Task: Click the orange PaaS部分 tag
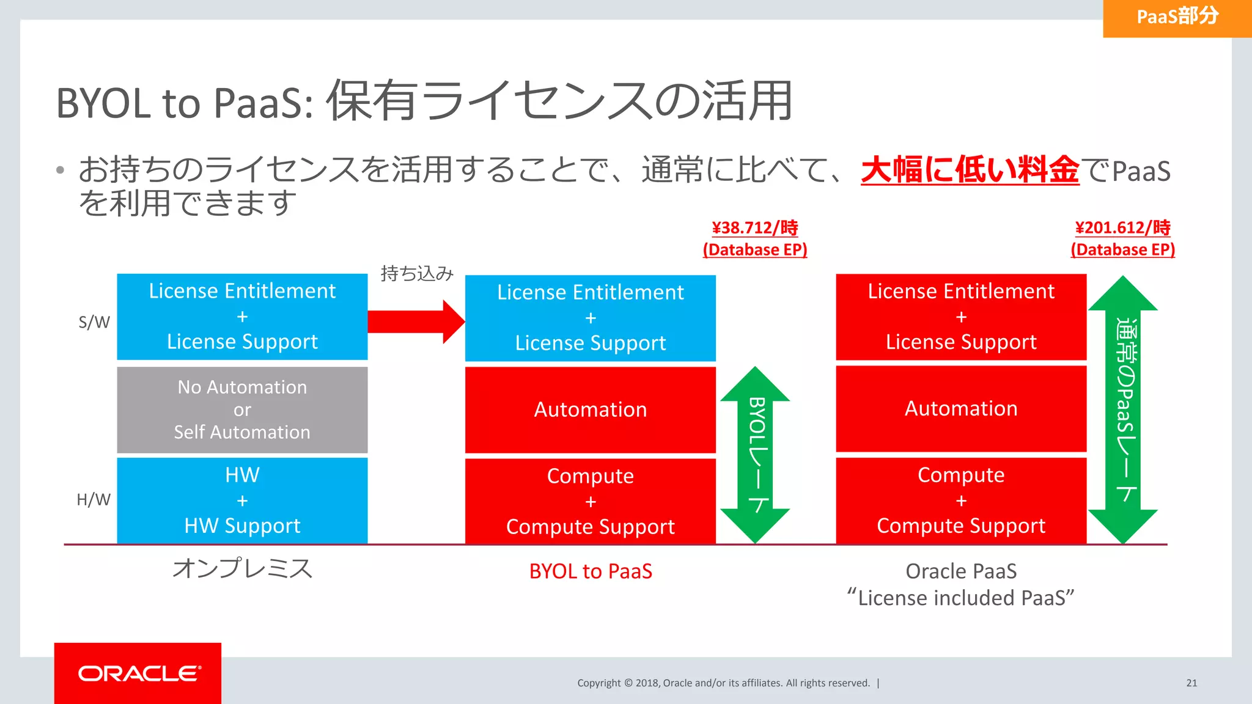[x=1177, y=18]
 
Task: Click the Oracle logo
[x=138, y=673]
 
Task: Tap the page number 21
[x=1191, y=683]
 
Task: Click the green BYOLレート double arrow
[x=756, y=455]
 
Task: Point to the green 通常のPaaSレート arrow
[x=1123, y=409]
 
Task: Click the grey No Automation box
[x=242, y=409]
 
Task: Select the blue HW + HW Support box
[x=242, y=501]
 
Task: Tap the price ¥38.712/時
[x=755, y=228]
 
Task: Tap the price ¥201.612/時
[x=1122, y=228]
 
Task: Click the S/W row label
[x=94, y=322]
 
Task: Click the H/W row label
[x=94, y=500]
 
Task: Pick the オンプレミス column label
[x=242, y=568]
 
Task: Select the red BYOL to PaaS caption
[x=591, y=571]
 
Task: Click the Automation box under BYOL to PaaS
[x=591, y=409]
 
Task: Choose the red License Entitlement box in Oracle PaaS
[x=961, y=317]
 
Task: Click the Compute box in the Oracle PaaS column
[x=961, y=501]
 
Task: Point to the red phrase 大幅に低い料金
[x=970, y=170]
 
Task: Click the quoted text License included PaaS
[x=961, y=598]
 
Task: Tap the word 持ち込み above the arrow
[x=417, y=273]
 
